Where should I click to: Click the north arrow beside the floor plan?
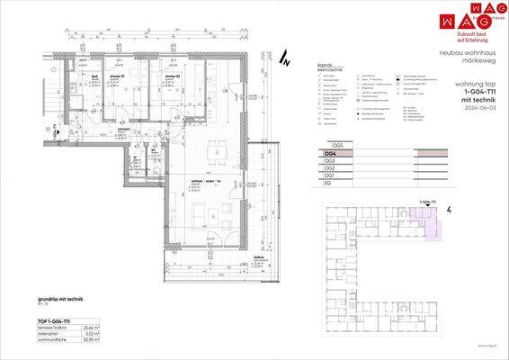(283, 61)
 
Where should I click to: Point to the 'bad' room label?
(94, 77)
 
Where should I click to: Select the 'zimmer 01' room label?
(127, 77)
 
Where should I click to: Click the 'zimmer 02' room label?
(172, 77)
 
